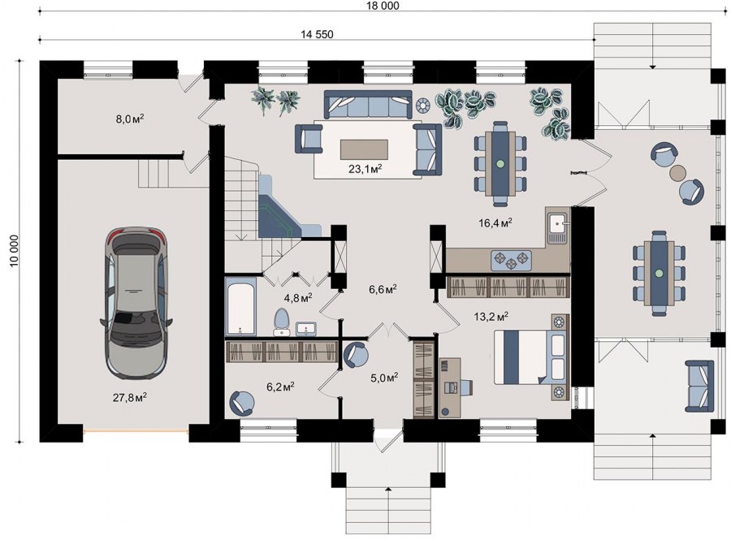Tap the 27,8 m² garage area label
tap(130, 397)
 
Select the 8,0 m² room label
tap(130, 119)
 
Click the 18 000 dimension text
tap(383, 6)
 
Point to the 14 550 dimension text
tap(317, 34)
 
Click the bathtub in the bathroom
tap(240, 306)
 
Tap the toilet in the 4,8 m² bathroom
tap(282, 322)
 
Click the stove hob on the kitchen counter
tap(511, 260)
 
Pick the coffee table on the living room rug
tap(364, 149)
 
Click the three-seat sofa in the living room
tap(368, 105)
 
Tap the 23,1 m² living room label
tap(365, 168)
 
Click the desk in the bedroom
tap(450, 387)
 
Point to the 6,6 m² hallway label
tap(383, 289)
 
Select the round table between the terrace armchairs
tap(678, 173)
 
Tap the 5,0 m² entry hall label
tap(384, 377)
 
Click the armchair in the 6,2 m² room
tap(242, 403)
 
